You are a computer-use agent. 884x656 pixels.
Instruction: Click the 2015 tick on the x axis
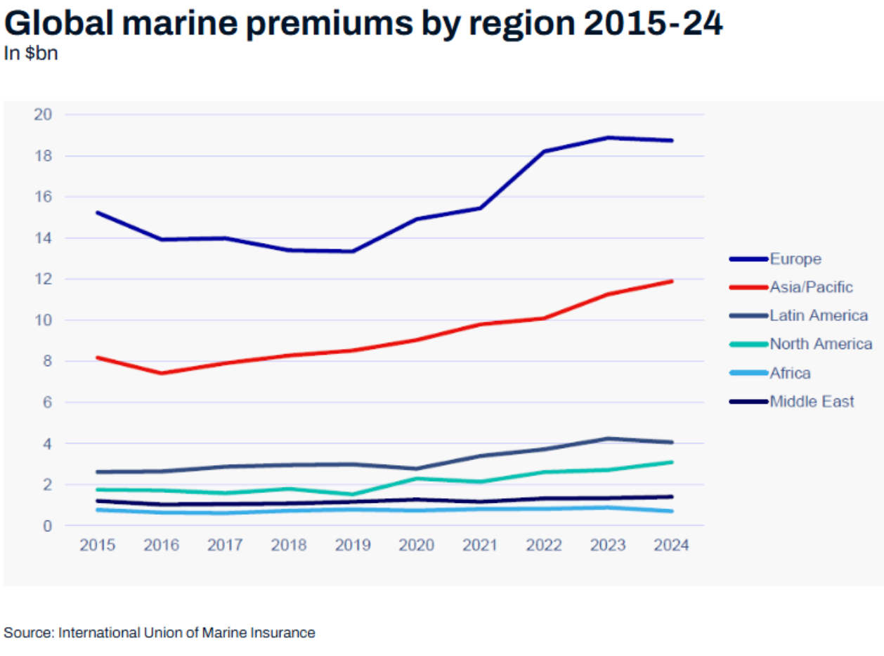pyautogui.click(x=98, y=545)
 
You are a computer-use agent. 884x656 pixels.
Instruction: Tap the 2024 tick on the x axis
pyautogui.click(x=672, y=545)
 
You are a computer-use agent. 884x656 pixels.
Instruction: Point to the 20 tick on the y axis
pyautogui.click(x=43, y=114)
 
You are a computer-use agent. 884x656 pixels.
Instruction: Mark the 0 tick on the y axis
pyautogui.click(x=46, y=525)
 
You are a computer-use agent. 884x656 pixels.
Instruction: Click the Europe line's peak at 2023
pyautogui.click(x=609, y=138)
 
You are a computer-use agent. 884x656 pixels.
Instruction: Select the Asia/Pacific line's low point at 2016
pyautogui.click(x=162, y=373)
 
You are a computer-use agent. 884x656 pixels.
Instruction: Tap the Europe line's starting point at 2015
pyautogui.click(x=98, y=212)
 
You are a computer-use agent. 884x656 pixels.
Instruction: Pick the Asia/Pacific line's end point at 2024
pyautogui.click(x=672, y=281)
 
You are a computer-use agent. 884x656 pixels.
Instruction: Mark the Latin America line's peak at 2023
pyautogui.click(x=609, y=438)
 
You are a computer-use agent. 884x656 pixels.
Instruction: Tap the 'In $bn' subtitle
pyautogui.click(x=31, y=54)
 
